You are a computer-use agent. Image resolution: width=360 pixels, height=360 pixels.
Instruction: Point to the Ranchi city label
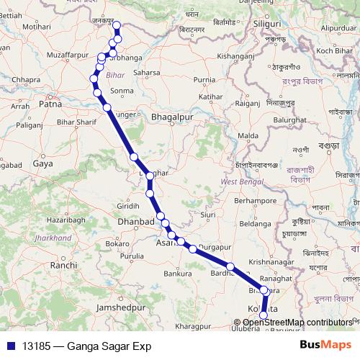(63, 266)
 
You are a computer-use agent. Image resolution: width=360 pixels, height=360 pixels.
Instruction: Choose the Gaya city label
(43, 164)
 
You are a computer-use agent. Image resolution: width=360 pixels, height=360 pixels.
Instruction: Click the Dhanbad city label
(136, 222)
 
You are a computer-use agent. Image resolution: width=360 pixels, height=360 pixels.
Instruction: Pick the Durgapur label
(215, 247)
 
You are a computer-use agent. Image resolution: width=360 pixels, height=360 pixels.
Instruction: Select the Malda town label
(248, 135)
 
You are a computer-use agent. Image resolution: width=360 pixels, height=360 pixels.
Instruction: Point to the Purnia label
(204, 79)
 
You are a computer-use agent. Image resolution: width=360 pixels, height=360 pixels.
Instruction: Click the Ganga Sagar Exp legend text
(107, 346)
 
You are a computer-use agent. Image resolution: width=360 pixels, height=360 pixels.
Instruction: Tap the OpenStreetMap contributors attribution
(297, 323)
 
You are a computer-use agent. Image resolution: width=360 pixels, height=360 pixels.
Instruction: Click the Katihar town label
(210, 96)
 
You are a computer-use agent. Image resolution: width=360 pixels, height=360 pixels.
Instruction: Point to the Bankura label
(178, 274)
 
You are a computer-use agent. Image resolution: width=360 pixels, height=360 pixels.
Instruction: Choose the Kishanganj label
(237, 55)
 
